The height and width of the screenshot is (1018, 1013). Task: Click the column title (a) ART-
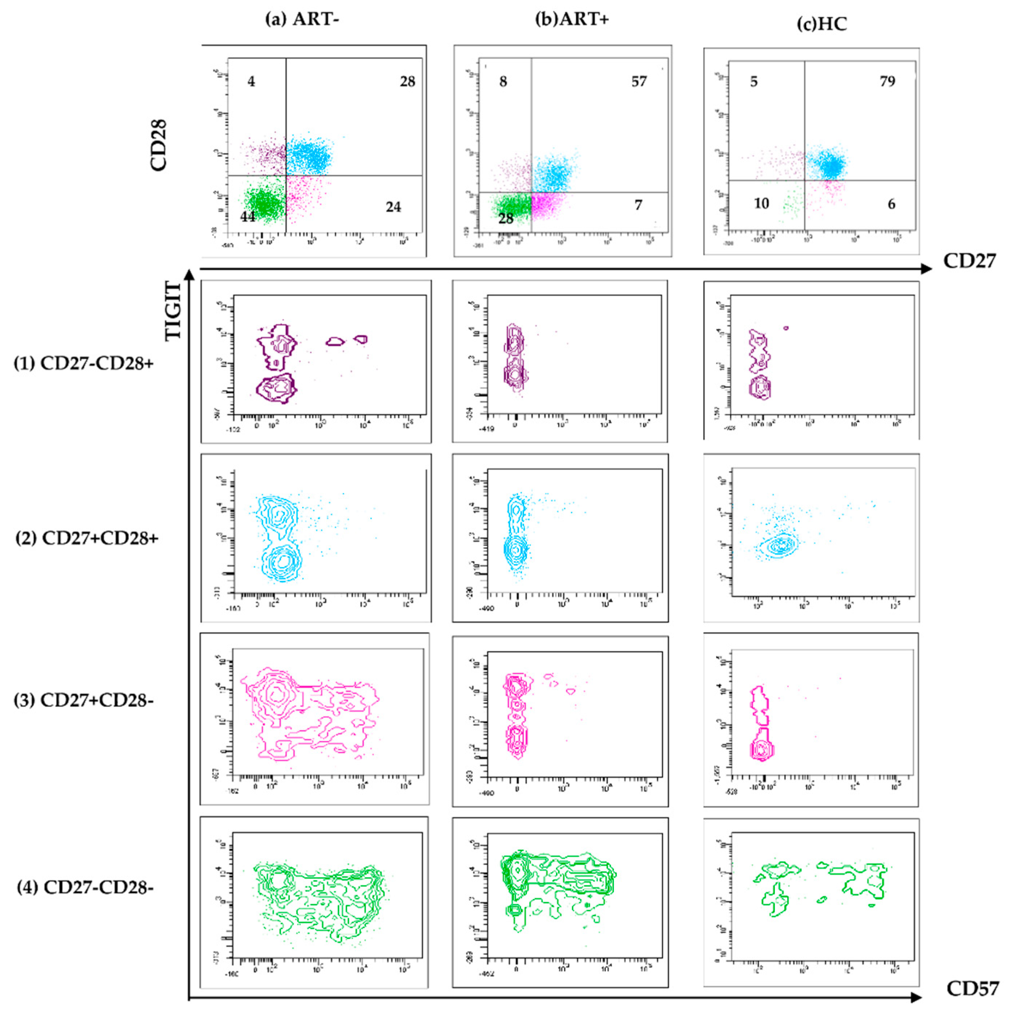click(302, 20)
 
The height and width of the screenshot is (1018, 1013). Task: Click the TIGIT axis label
click(173, 311)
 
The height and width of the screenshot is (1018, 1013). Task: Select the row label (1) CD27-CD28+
click(84, 363)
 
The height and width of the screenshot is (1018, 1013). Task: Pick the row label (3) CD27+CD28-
click(84, 700)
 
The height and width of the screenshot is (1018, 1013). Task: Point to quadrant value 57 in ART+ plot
click(639, 82)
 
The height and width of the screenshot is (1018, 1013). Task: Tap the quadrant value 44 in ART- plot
click(248, 217)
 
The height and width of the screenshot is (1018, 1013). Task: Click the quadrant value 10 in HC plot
click(761, 203)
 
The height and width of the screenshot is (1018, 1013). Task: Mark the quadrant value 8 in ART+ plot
click(503, 82)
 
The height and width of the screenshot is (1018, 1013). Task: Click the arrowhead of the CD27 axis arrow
click(926, 269)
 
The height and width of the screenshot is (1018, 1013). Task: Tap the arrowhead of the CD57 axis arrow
click(917, 997)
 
